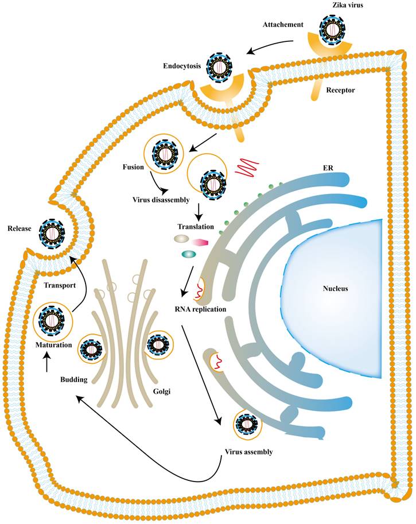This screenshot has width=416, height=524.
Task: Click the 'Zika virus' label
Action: point(336,5)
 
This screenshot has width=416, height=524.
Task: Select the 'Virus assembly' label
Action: point(248,451)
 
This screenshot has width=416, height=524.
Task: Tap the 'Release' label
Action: point(20,229)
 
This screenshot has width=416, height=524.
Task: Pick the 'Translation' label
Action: point(199,227)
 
